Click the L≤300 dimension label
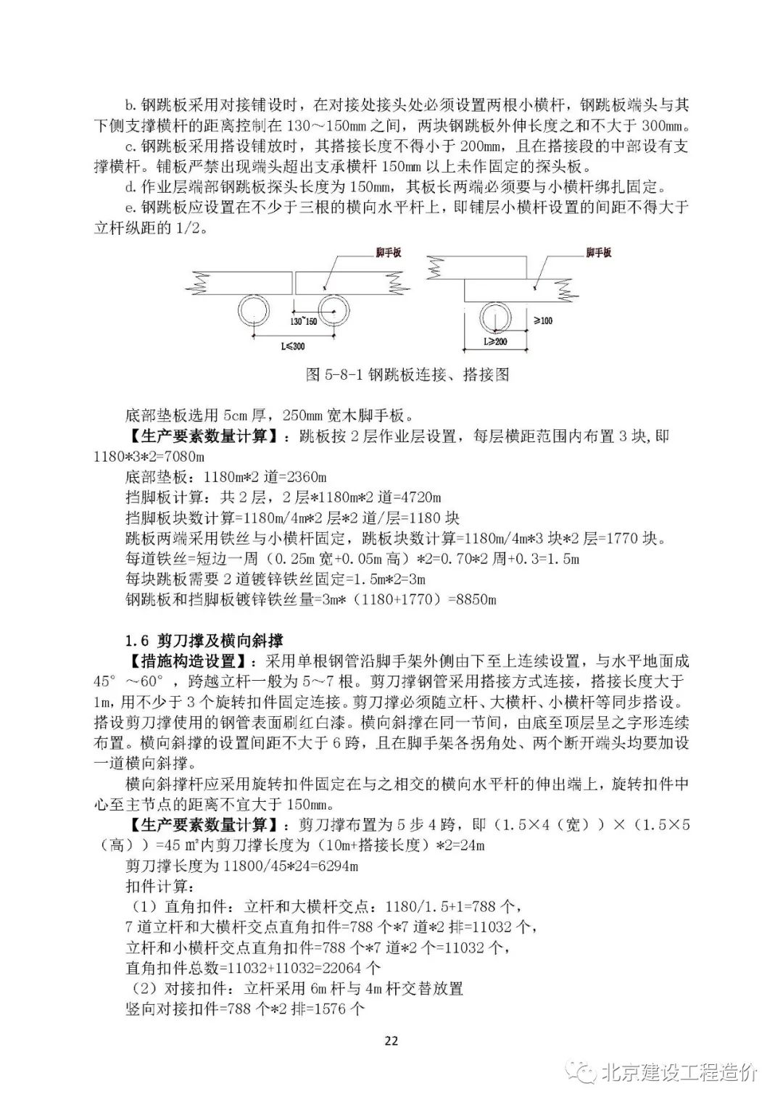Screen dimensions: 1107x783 click(x=293, y=347)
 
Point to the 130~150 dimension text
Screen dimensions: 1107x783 click(x=304, y=321)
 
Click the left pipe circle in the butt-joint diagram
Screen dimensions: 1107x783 click(x=254, y=310)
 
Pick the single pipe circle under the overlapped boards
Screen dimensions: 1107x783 click(x=495, y=317)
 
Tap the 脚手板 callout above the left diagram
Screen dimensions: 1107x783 click(x=388, y=252)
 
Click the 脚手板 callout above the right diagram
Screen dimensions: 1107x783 click(x=598, y=252)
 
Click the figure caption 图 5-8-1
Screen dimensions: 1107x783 click(x=407, y=374)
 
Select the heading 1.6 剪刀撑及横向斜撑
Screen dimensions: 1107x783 click(x=204, y=641)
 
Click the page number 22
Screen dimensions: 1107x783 click(x=391, y=1041)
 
